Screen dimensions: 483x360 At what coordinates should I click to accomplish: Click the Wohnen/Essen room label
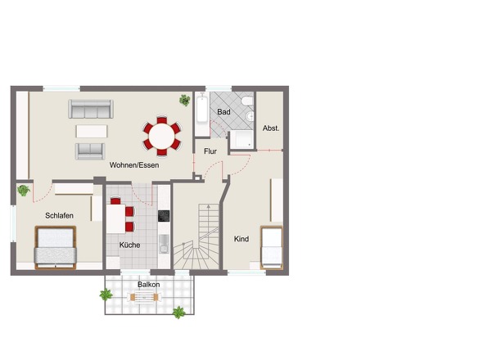tap(134, 165)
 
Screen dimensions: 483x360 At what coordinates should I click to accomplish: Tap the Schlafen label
tap(59, 215)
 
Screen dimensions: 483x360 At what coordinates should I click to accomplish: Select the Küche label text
tap(129, 245)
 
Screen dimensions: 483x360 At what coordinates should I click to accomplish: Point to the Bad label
tap(223, 112)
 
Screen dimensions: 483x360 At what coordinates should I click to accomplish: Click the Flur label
tap(210, 151)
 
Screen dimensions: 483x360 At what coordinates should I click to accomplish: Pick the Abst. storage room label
tap(271, 128)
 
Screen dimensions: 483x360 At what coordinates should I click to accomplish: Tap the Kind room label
tap(241, 239)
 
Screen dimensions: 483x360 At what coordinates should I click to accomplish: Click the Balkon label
tap(149, 285)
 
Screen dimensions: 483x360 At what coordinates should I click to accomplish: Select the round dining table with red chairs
tap(162, 136)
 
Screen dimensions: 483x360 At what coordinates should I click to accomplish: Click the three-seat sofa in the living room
tap(91, 109)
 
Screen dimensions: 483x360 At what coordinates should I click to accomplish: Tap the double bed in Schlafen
tap(56, 248)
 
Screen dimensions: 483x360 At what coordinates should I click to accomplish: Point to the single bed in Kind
tap(271, 248)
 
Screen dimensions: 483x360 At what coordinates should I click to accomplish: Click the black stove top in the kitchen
tap(164, 216)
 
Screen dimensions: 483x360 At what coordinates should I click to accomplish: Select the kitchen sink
tap(165, 244)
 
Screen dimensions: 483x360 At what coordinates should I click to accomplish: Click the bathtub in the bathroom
tap(202, 110)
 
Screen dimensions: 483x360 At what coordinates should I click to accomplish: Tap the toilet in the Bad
tap(247, 101)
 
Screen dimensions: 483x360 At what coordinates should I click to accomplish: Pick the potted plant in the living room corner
tap(185, 100)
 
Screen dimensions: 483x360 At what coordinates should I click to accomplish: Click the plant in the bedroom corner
tap(24, 191)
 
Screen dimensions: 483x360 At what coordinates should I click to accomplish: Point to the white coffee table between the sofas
tap(92, 131)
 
